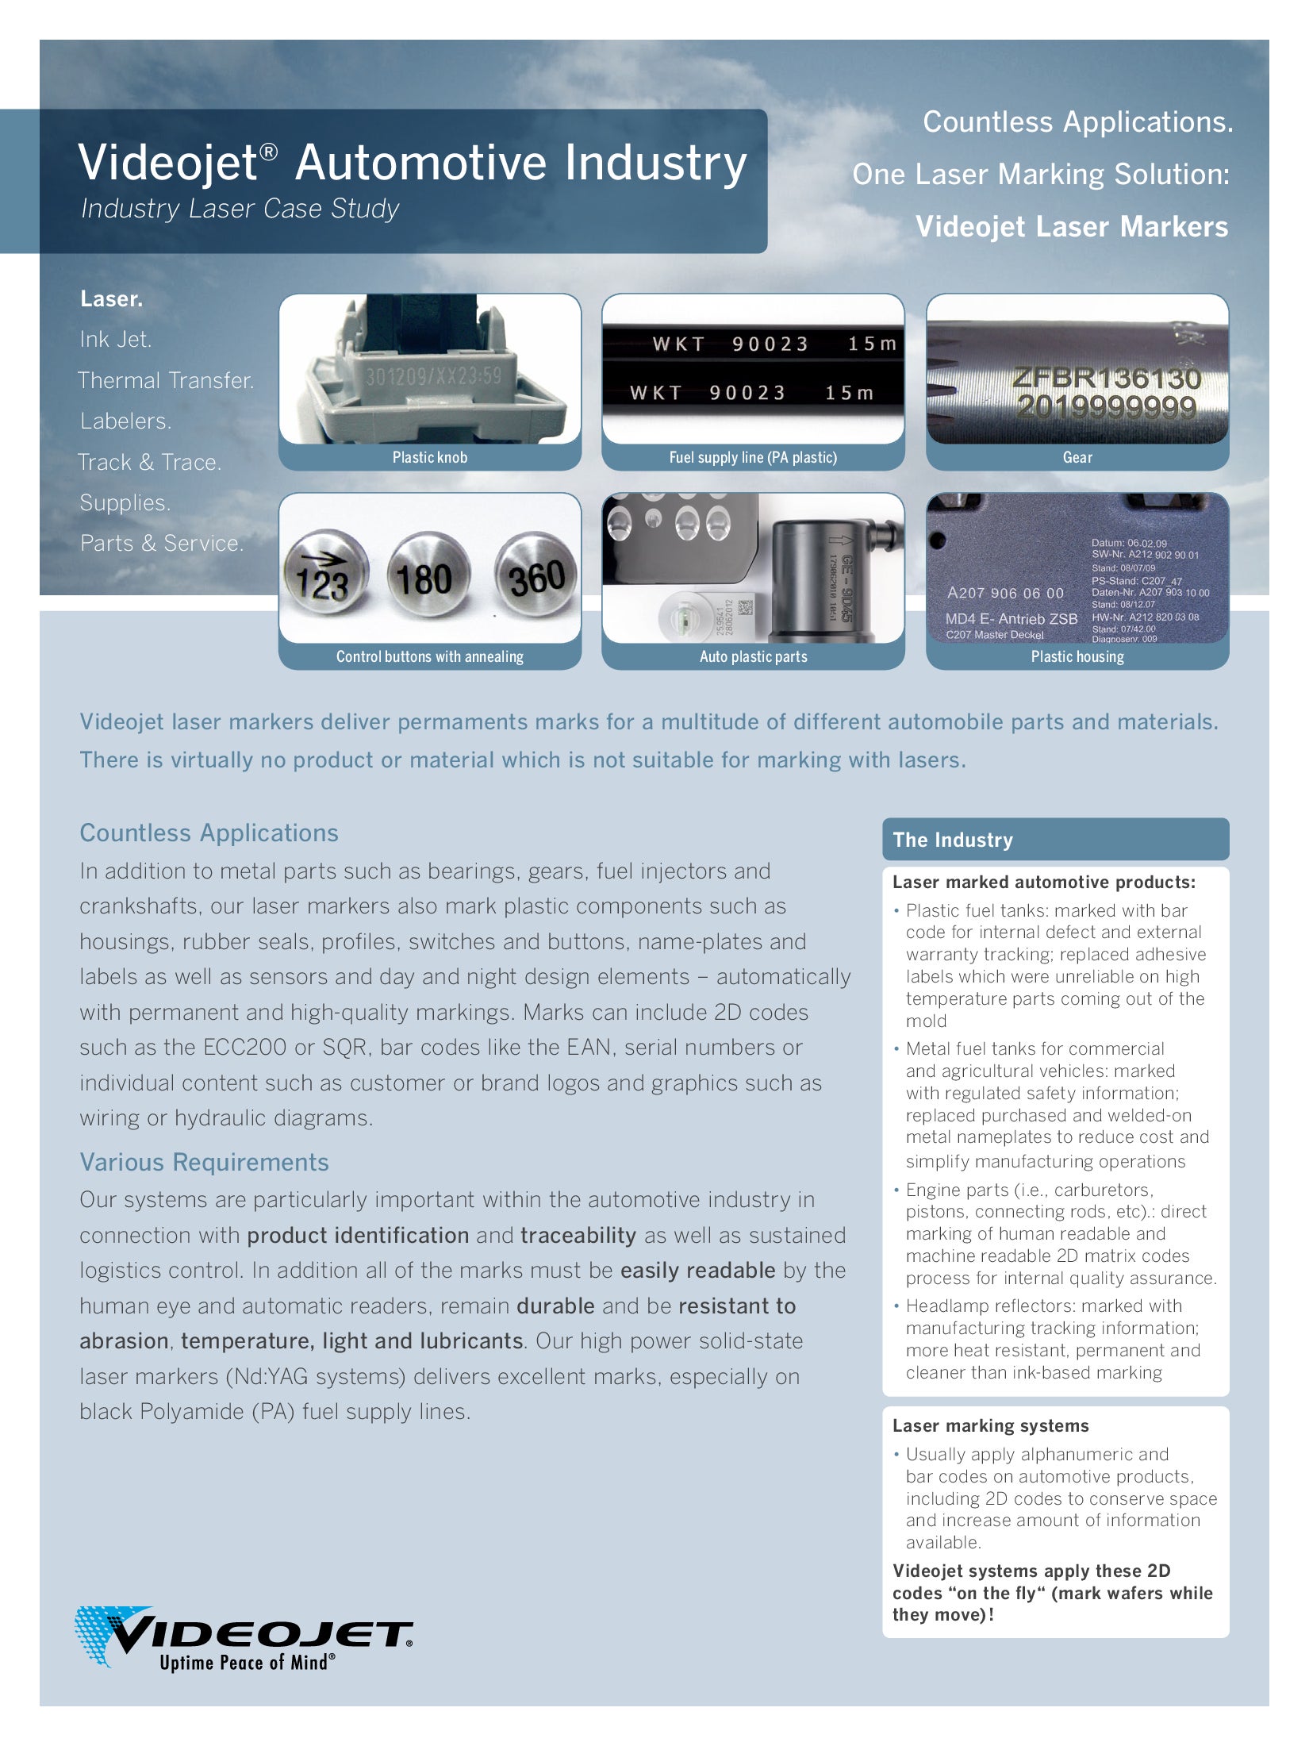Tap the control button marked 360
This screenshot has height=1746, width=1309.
(x=535, y=579)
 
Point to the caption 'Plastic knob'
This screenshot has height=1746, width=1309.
(x=429, y=457)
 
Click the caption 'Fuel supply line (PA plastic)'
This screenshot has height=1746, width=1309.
(x=753, y=457)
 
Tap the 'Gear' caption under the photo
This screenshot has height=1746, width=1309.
(x=1077, y=457)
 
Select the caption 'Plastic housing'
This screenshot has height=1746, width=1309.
(x=1077, y=656)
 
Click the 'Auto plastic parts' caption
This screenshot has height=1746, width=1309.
(x=753, y=656)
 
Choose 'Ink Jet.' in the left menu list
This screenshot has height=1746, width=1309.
(x=116, y=340)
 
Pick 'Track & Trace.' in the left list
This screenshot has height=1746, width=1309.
(x=150, y=462)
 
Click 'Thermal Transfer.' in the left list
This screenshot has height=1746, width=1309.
(x=166, y=380)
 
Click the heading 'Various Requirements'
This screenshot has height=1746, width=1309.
(x=204, y=1162)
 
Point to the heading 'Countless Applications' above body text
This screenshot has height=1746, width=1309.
(x=209, y=833)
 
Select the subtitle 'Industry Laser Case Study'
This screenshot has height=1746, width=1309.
(x=240, y=209)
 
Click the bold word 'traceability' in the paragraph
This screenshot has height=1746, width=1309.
(x=578, y=1235)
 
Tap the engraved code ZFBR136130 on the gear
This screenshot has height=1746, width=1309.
(x=1107, y=378)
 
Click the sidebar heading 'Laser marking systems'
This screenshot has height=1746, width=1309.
(x=990, y=1425)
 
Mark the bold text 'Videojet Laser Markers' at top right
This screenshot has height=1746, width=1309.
(x=1071, y=227)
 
